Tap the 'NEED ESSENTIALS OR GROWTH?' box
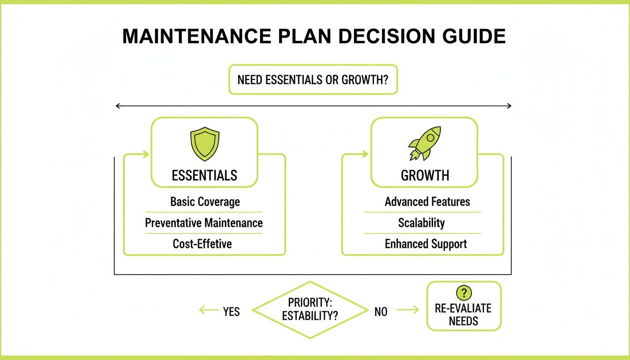pyautogui.click(x=313, y=79)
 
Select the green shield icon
pyautogui.click(x=204, y=144)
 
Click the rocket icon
pyautogui.click(x=425, y=143)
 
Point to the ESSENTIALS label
pyautogui.click(x=204, y=176)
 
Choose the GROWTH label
pyautogui.click(x=425, y=176)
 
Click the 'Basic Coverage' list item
pyautogui.click(x=205, y=202)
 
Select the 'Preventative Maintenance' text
pyautogui.click(x=204, y=223)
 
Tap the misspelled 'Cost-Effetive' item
pyautogui.click(x=202, y=244)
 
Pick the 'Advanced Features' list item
pyautogui.click(x=427, y=202)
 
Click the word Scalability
pyautogui.click(x=421, y=223)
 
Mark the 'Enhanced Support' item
pyautogui.click(x=426, y=244)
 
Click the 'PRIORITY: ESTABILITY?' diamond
pyautogui.click(x=309, y=310)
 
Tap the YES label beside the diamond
pyautogui.click(x=231, y=311)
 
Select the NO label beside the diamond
pyautogui.click(x=381, y=311)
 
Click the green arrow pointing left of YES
pyautogui.click(x=208, y=310)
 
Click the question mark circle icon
pyautogui.click(x=464, y=293)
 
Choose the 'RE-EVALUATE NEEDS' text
pyautogui.click(x=463, y=315)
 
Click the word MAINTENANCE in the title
pyautogui.click(x=196, y=37)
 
